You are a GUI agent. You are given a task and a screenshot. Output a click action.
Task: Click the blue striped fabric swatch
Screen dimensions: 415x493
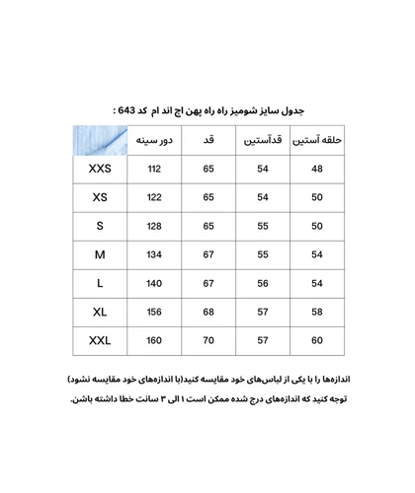(x=100, y=140)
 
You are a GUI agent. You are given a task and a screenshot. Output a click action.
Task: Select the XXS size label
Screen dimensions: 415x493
(x=100, y=169)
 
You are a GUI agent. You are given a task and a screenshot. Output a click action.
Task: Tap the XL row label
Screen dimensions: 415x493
(x=100, y=312)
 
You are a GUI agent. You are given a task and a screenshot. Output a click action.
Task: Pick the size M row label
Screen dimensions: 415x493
(x=100, y=254)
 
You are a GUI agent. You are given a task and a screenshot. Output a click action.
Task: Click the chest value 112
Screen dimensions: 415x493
(x=154, y=169)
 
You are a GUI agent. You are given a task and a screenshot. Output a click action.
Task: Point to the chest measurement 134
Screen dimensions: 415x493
(x=154, y=254)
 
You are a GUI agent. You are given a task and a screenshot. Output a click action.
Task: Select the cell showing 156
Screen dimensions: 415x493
(x=154, y=312)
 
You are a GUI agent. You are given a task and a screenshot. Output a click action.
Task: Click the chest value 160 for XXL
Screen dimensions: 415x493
(x=154, y=341)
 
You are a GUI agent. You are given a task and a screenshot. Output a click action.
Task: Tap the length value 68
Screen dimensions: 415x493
(x=208, y=312)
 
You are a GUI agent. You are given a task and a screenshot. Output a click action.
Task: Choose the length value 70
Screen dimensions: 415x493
(x=208, y=341)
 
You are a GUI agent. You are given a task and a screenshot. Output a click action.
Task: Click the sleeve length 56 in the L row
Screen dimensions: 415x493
(x=263, y=283)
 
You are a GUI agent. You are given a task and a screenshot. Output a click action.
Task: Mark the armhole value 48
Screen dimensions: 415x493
(x=317, y=169)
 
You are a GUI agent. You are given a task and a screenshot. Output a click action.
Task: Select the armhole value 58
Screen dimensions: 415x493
(x=317, y=312)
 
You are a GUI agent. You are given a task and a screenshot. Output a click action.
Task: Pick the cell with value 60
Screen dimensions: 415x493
(x=317, y=341)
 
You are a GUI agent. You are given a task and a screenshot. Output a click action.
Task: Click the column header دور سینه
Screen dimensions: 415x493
(x=154, y=140)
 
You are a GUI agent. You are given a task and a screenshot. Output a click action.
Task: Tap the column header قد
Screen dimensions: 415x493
(x=208, y=140)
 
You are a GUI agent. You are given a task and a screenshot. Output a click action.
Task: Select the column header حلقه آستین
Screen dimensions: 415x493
(x=317, y=140)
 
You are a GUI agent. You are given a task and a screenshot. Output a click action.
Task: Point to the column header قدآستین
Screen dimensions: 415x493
(x=263, y=140)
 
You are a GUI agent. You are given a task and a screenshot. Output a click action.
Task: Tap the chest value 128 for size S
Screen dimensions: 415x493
(x=154, y=226)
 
